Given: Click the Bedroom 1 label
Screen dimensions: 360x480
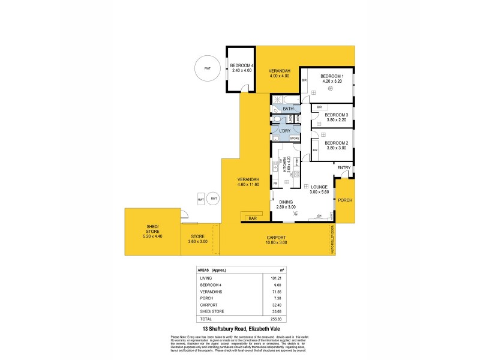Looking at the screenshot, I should click(332, 77).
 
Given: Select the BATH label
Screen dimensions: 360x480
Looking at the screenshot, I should click(289, 109).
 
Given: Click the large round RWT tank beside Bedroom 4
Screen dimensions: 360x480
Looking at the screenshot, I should click(207, 68).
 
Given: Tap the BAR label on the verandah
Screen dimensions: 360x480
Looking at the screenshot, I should click(253, 219).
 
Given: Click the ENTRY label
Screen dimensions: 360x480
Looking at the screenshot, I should click(344, 167).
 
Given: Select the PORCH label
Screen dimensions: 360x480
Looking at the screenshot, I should click(344, 200).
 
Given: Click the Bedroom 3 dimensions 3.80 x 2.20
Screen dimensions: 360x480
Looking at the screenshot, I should click(337, 119).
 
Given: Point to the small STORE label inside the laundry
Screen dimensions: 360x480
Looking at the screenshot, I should click(294, 139).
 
